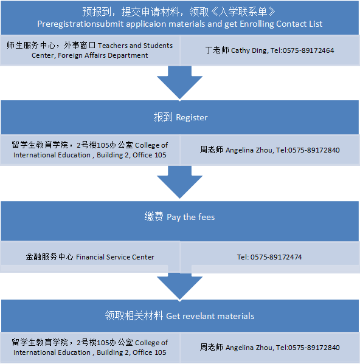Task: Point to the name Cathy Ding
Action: pyautogui.click(x=249, y=50)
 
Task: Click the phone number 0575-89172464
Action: pyautogui.click(x=308, y=50)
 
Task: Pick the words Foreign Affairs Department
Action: pyautogui.click(x=103, y=55)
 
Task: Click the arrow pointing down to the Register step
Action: pyautogui.click(x=179, y=83)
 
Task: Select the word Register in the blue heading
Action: pyautogui.click(x=192, y=117)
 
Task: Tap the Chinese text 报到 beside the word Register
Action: pyautogui.click(x=163, y=117)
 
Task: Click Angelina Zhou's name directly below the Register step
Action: pyautogui.click(x=250, y=150)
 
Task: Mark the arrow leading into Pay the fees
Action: pyautogui.click(x=179, y=182)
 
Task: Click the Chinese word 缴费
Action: pyautogui.click(x=154, y=217)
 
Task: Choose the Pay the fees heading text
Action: pyautogui.click(x=191, y=218)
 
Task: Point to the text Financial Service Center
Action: pyautogui.click(x=115, y=257)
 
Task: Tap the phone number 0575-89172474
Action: pyautogui.click(x=276, y=257)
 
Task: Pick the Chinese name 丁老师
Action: pyautogui.click(x=217, y=50)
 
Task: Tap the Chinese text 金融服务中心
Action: pyautogui.click(x=49, y=257)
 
